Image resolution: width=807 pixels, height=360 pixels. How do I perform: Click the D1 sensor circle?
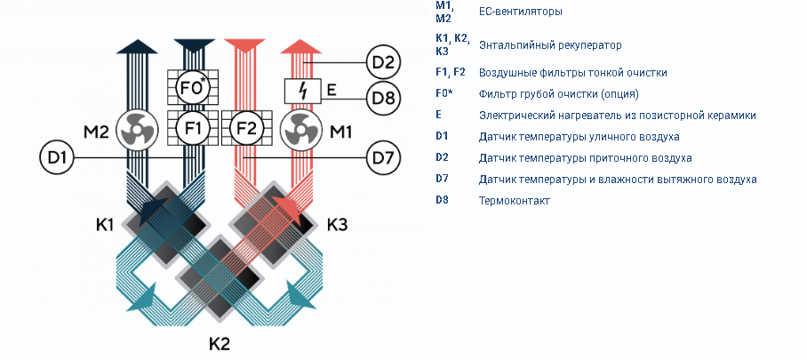tap(57, 157)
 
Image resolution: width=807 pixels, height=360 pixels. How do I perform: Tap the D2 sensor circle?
tap(383, 63)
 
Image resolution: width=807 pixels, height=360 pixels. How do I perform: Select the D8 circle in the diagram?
tap(383, 98)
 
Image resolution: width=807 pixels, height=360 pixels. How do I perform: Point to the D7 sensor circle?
tap(383, 157)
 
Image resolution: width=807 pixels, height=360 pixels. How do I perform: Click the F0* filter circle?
tap(193, 87)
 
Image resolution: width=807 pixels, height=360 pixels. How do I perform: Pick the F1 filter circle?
tap(193, 129)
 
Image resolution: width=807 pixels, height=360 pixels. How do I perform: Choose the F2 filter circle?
tap(246, 129)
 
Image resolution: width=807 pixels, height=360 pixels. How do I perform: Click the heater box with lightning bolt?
tap(302, 92)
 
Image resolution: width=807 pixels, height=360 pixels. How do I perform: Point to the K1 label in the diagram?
tap(105, 225)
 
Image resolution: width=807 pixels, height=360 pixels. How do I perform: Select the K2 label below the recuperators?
tap(220, 343)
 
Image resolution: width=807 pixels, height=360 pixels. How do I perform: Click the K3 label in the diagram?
tap(338, 225)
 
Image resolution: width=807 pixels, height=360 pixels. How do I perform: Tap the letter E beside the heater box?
tap(332, 92)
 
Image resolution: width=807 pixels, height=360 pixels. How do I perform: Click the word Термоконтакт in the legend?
tap(515, 201)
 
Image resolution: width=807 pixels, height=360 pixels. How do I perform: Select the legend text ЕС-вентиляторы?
tap(520, 12)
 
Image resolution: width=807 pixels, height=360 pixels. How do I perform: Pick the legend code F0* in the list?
tap(444, 93)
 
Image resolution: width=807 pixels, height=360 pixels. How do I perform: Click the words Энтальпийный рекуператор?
tap(550, 45)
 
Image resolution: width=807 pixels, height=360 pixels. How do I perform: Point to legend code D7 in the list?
tap(442, 179)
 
